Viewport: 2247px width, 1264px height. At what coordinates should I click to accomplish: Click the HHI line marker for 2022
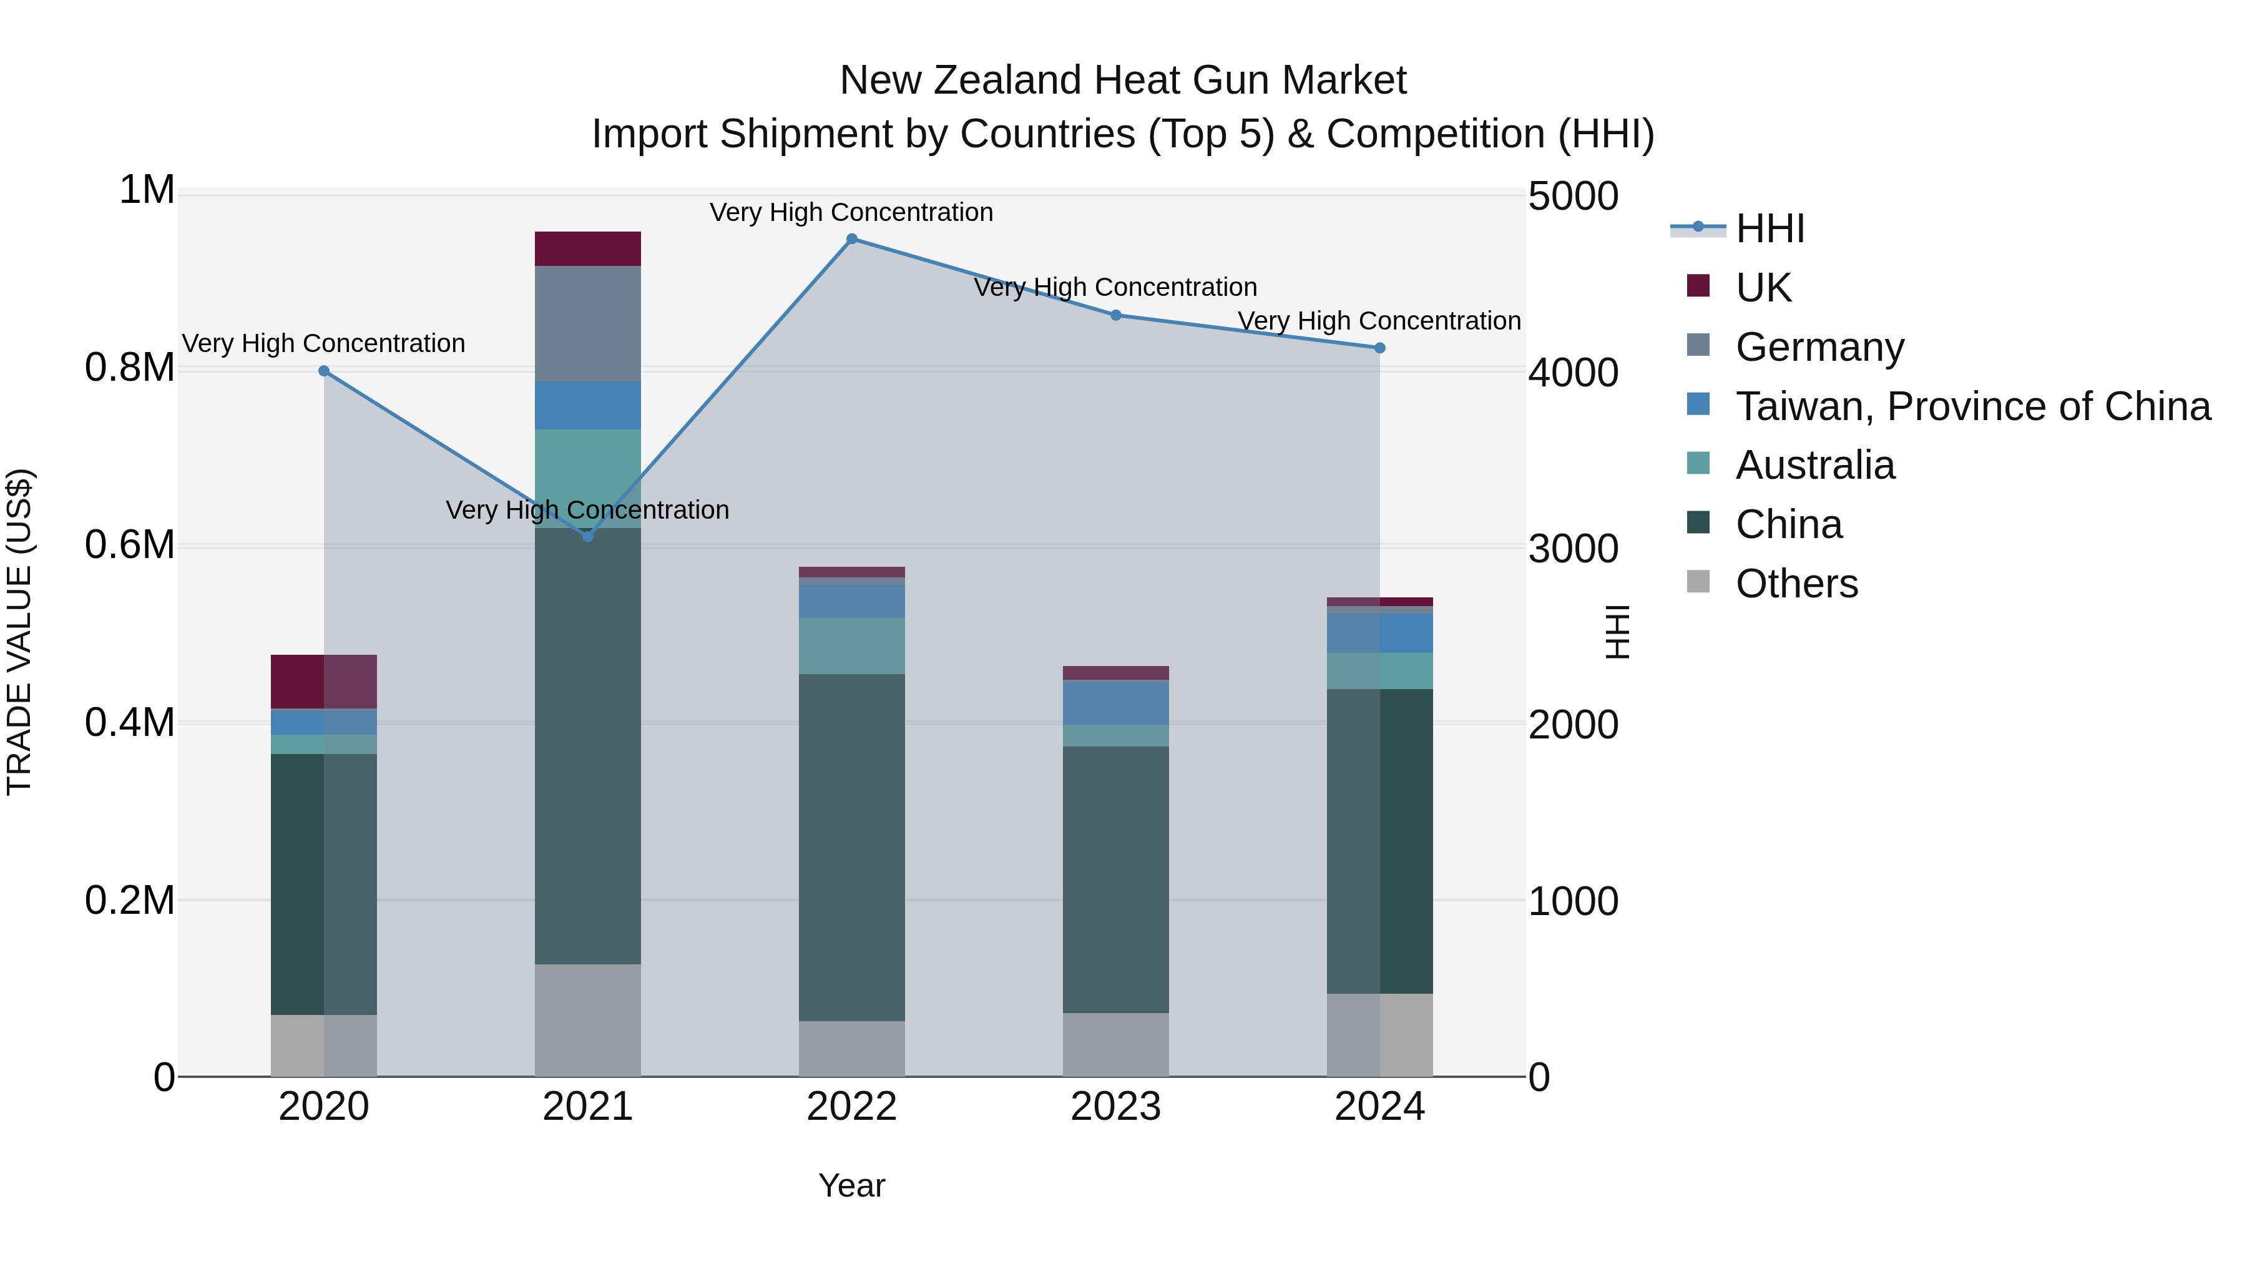pos(852,239)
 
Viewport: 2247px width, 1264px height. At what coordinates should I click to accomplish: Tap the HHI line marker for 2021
pos(588,536)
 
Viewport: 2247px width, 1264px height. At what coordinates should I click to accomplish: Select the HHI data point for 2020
pos(323,371)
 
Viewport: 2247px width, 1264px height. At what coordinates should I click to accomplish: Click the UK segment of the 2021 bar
pos(588,248)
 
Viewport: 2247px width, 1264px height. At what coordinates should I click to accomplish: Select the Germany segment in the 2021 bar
pos(588,323)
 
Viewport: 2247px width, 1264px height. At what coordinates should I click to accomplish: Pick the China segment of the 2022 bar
pos(852,847)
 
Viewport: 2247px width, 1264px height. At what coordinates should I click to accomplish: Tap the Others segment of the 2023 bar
pos(1115,1044)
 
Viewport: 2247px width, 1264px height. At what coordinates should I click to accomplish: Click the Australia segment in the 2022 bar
pos(852,645)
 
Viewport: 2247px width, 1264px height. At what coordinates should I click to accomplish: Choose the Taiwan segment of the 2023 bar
pos(1115,702)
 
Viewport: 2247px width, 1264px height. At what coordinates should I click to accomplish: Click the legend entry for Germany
pos(1819,347)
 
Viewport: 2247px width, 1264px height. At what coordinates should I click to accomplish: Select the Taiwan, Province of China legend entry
pos(1973,406)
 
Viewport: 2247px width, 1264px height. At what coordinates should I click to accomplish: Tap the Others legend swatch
pos(1698,582)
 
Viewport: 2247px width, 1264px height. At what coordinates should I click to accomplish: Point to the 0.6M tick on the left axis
pos(129,545)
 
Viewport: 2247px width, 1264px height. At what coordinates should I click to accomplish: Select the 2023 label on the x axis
pos(1115,1107)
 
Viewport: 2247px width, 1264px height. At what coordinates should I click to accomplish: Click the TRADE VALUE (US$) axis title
pos(19,632)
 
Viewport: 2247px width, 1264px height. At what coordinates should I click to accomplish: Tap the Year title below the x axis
pos(851,1185)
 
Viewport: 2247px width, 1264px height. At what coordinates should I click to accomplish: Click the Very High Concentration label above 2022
pos(851,212)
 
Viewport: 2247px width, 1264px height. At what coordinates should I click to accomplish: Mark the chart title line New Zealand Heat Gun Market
pos(1123,81)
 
